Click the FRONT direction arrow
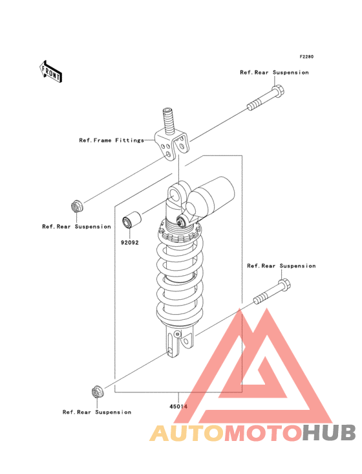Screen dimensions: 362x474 point(50,71)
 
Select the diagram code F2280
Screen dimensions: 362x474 point(306,56)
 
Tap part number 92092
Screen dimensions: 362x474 point(130,242)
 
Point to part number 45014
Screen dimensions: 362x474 point(178,407)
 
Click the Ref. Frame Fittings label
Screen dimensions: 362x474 point(112,141)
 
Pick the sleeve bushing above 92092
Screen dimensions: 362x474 point(131,220)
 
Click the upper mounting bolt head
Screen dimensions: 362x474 point(279,90)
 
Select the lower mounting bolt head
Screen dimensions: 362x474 point(284,284)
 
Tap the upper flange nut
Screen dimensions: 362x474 point(77,206)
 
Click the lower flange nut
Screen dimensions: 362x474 point(97,392)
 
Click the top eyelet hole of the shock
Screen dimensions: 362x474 point(175,194)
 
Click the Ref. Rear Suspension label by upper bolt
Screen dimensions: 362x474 point(274,73)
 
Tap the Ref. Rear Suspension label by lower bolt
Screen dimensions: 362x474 point(281,266)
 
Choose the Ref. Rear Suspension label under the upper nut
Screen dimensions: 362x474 point(77,227)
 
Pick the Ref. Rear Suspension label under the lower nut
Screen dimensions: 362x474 point(97,412)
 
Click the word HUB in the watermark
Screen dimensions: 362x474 point(329,433)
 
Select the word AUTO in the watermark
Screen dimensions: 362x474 point(187,433)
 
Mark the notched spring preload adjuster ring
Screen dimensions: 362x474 point(179,234)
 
